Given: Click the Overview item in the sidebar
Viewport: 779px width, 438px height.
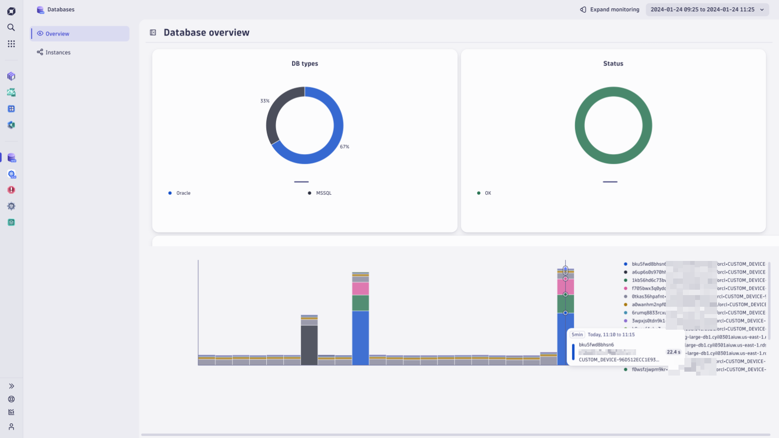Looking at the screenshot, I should tap(57, 34).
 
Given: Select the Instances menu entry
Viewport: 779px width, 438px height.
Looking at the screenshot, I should tap(58, 52).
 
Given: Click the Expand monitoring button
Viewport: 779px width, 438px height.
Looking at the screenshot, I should tap(610, 9).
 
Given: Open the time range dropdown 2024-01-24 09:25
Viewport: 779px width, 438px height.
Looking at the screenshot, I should tap(707, 9).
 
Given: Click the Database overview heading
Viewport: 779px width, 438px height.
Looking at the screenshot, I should tap(206, 33).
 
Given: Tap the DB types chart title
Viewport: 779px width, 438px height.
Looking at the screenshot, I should tap(304, 63).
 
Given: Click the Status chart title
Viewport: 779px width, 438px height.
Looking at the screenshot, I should tap(613, 63).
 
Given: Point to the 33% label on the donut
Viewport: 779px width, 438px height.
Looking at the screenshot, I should tap(264, 101).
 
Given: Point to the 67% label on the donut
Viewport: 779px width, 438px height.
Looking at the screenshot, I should tap(344, 146).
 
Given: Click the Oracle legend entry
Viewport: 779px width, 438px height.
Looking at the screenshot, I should tap(183, 193).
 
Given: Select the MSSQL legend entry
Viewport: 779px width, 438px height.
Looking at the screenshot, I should tap(323, 193).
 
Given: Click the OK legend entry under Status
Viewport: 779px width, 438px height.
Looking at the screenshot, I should tap(487, 193).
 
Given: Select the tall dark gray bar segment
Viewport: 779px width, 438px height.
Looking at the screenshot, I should tap(309, 344).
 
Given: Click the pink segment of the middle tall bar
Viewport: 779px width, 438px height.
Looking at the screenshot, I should tap(360, 288).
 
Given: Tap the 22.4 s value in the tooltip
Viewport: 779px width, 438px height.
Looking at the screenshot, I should tap(673, 352).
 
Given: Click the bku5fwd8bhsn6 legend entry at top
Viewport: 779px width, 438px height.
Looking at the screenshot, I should tap(648, 264).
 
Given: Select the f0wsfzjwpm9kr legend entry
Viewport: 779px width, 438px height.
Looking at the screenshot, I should tap(648, 369).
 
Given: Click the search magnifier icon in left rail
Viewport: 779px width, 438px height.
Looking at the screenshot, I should tap(11, 27).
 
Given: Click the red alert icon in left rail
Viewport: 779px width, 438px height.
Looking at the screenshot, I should tap(11, 190).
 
